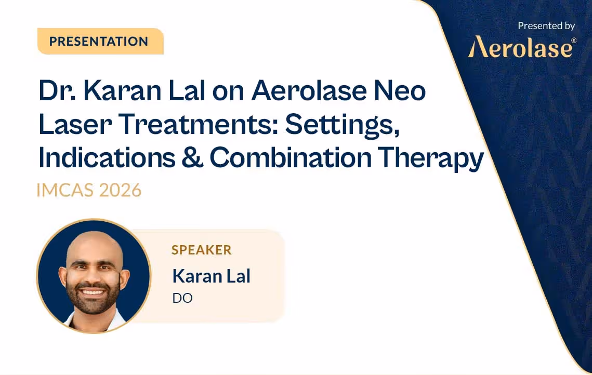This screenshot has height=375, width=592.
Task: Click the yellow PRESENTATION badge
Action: (x=100, y=42)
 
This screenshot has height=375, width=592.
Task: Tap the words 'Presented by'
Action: (x=546, y=25)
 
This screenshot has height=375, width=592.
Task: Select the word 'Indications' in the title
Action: (x=107, y=158)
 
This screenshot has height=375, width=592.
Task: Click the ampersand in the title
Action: (x=192, y=158)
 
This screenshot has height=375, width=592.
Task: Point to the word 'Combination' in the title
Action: (x=290, y=158)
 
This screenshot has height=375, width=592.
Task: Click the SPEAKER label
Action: (x=202, y=250)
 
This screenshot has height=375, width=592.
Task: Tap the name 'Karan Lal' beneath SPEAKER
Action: (x=211, y=276)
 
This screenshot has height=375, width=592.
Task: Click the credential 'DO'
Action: (x=182, y=299)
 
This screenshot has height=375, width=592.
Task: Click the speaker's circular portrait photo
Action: (x=94, y=275)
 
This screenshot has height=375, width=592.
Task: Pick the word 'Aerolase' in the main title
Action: (x=302, y=91)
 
